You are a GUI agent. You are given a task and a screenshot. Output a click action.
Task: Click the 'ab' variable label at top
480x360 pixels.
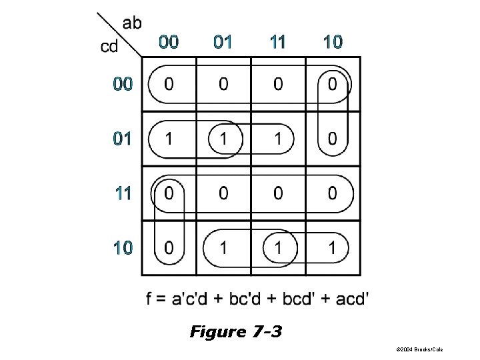(132, 23)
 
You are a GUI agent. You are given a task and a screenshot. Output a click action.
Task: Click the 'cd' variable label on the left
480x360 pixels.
(110, 47)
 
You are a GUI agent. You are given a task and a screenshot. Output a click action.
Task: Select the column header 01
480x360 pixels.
(223, 43)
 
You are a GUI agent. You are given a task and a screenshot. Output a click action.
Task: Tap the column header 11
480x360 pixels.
(277, 43)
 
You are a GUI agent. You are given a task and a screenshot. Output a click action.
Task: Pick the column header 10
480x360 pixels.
(332, 43)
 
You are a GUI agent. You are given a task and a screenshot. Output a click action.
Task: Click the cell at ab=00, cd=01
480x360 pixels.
(169, 139)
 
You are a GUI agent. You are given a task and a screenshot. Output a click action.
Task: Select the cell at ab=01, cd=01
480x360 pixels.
(223, 139)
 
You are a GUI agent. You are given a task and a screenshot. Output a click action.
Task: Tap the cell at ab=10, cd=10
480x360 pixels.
(333, 248)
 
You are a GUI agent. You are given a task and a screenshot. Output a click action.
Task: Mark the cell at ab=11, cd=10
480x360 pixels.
(278, 248)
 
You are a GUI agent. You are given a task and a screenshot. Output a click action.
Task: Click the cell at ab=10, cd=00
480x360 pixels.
(333, 85)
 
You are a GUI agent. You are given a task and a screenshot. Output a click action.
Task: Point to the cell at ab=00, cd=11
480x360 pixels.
(169, 194)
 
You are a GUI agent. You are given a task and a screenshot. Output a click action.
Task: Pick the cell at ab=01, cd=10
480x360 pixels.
(223, 248)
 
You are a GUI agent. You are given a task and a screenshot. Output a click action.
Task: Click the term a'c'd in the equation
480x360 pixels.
(186, 298)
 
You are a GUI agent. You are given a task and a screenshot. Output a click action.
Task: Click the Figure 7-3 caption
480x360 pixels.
(235, 331)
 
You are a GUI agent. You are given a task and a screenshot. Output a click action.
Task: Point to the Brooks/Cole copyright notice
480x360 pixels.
(419, 349)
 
